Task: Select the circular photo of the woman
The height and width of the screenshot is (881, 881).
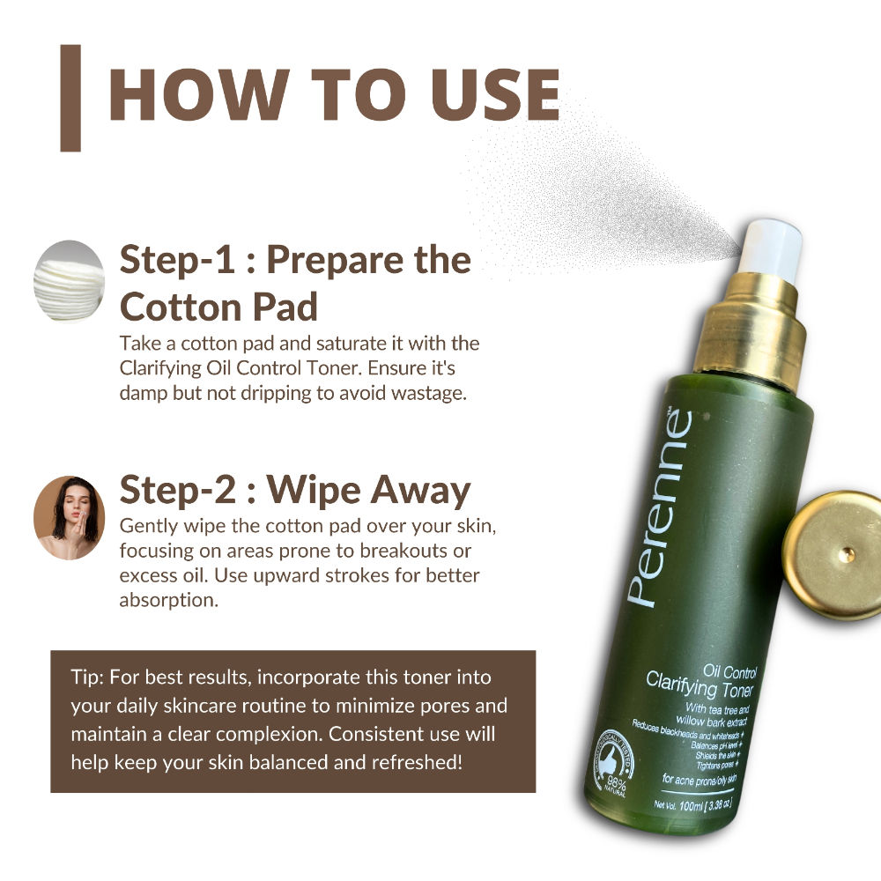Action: pos(69,518)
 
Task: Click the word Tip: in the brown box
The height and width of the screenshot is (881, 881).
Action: pos(89,678)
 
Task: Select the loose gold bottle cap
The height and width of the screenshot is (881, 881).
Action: pos(833,554)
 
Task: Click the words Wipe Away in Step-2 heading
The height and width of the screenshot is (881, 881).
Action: pos(370,491)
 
